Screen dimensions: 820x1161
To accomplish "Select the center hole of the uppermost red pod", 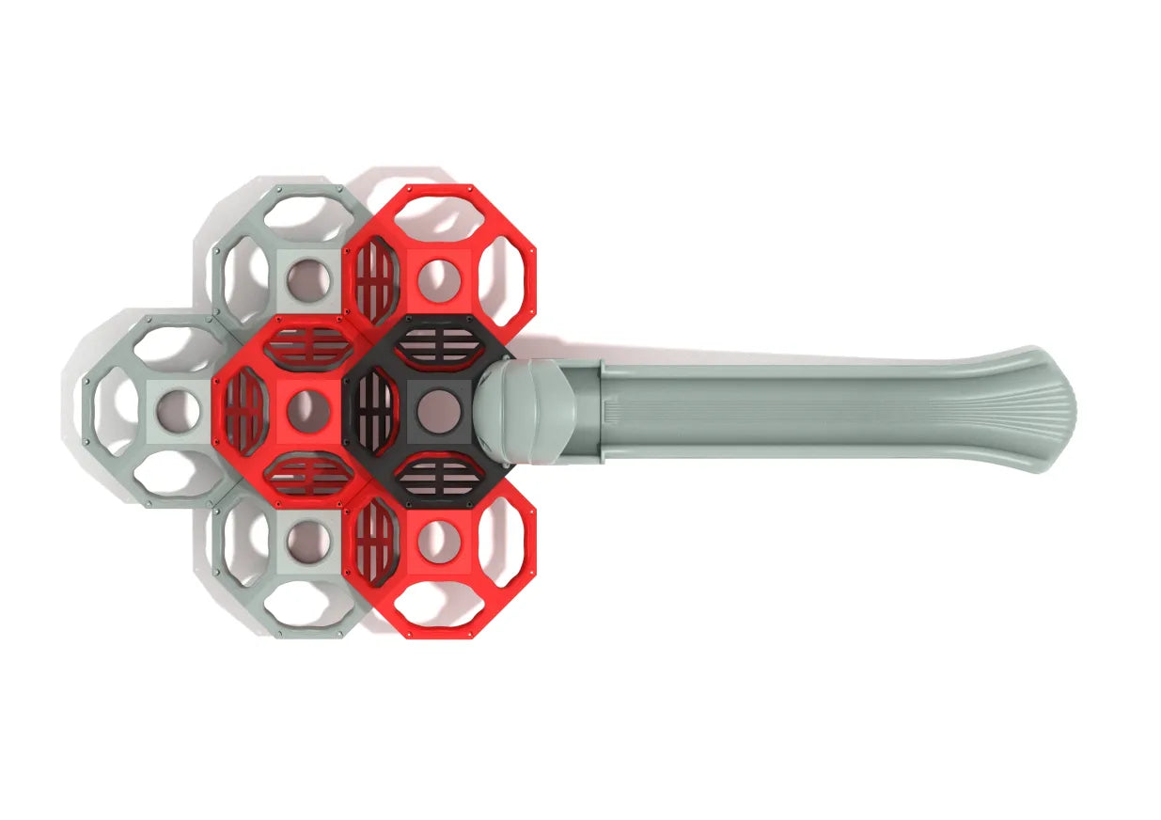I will click(x=438, y=280).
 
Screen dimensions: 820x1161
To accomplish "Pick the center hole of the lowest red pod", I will click(x=438, y=542).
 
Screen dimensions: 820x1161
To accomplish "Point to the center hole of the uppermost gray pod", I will click(x=307, y=280).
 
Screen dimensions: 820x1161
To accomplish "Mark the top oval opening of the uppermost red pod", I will click(x=438, y=214).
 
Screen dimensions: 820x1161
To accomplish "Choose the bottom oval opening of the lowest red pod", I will click(x=438, y=607).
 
